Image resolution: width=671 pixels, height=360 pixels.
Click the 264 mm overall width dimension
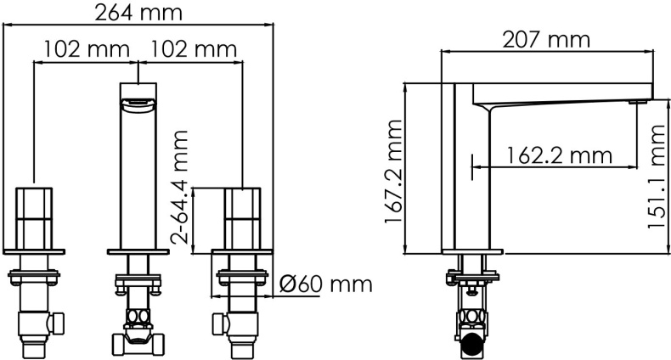click(x=140, y=12)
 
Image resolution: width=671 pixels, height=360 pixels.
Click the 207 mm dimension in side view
click(x=547, y=39)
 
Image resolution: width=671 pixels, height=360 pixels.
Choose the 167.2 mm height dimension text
click(x=392, y=183)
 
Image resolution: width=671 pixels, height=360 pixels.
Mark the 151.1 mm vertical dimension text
click(x=656, y=185)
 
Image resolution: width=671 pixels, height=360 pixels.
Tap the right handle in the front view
click(x=243, y=217)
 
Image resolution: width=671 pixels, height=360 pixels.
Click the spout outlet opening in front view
click(x=138, y=104)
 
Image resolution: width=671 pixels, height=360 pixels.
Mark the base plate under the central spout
click(x=138, y=251)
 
